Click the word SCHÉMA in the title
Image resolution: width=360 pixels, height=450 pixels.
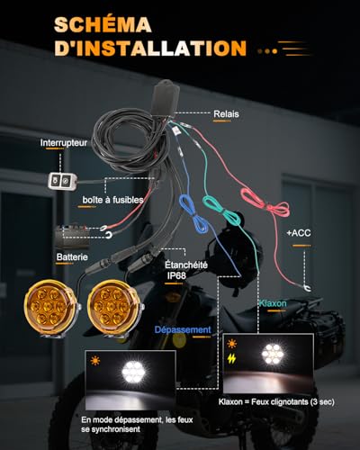[x=103, y=24]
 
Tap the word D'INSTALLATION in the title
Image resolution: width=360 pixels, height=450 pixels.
[x=150, y=48]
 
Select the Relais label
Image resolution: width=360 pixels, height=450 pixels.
[x=226, y=114]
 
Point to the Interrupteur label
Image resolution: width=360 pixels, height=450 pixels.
[x=64, y=143]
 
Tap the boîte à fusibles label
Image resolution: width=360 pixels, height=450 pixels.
[x=112, y=200]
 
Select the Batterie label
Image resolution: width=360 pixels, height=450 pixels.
[x=72, y=256]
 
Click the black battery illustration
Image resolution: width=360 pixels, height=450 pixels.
[x=72, y=236]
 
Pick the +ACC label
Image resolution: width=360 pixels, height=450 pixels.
[x=299, y=233]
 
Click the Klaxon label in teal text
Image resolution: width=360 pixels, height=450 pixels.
[x=273, y=303]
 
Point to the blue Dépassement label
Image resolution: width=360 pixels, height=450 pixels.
[x=183, y=329]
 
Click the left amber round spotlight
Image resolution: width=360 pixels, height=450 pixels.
[x=49, y=307]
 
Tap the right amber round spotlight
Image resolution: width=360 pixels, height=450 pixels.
[x=113, y=307]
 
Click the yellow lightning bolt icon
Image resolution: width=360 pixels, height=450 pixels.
[x=231, y=358]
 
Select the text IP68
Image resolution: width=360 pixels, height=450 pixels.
[x=176, y=275]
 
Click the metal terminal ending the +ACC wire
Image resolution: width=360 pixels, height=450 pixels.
[x=307, y=288]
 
